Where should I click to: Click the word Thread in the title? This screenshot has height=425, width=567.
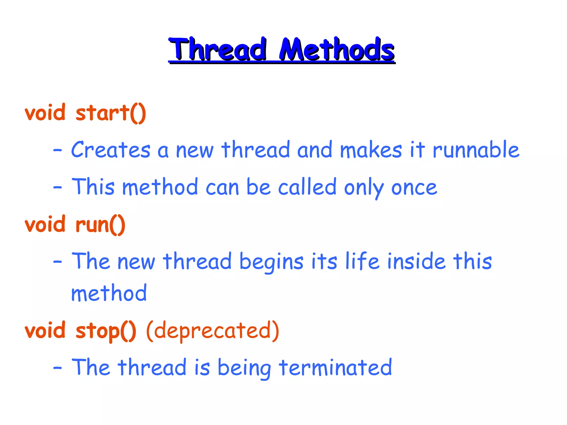point(218,50)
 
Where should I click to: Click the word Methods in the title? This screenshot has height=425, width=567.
point(337,50)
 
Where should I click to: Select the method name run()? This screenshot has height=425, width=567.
point(100,224)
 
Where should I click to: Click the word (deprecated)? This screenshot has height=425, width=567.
point(213,331)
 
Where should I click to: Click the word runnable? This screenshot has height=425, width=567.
point(476,150)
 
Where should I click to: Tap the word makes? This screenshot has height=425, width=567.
point(371,150)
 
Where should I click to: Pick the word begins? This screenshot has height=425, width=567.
point(271,262)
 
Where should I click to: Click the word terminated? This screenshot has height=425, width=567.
point(336,367)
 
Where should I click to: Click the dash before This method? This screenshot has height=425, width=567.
point(58,187)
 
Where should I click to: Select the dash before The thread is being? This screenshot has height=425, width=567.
point(58,368)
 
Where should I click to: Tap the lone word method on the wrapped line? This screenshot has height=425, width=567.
point(109,293)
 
